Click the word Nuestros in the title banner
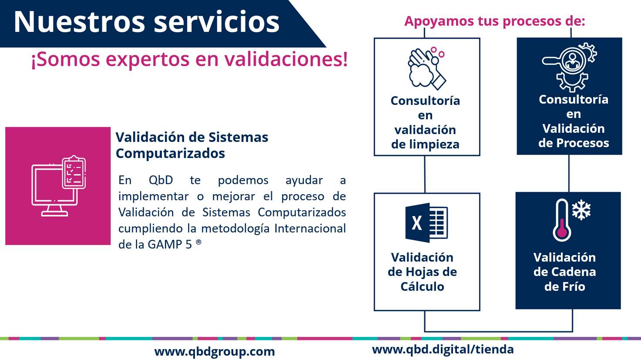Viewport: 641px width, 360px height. (79, 22)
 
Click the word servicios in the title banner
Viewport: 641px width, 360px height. (217, 22)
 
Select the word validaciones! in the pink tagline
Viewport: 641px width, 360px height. (286, 59)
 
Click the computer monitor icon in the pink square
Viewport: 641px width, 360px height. (54, 190)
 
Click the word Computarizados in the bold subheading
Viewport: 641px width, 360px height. (170, 153)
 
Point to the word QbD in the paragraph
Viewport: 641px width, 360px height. (161, 180)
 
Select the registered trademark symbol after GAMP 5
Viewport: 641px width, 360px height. (198, 242)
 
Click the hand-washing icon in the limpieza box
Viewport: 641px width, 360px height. (426, 68)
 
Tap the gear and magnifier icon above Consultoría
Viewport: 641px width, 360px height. (570, 67)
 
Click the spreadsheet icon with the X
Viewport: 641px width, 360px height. (426, 222)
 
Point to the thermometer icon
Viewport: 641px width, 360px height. (562, 220)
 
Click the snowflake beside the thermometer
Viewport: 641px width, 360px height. (581, 210)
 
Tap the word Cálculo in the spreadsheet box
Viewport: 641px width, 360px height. (422, 286)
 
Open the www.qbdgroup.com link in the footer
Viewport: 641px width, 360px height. (215, 352)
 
